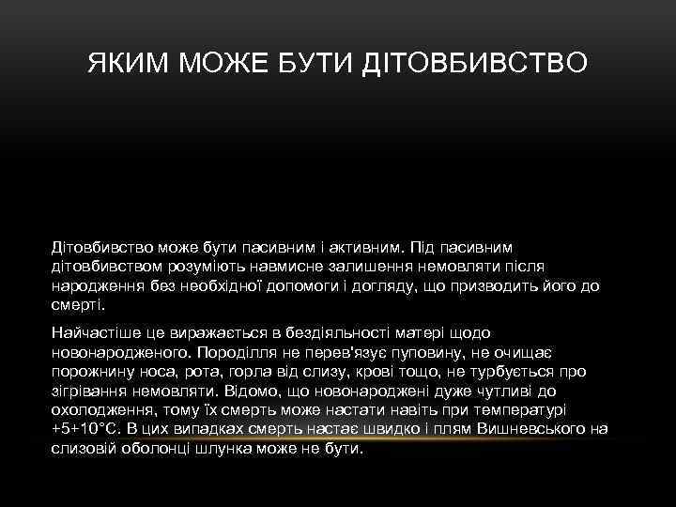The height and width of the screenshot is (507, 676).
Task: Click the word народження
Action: click(97, 286)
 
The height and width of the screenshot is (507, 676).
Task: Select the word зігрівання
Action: click(91, 392)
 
